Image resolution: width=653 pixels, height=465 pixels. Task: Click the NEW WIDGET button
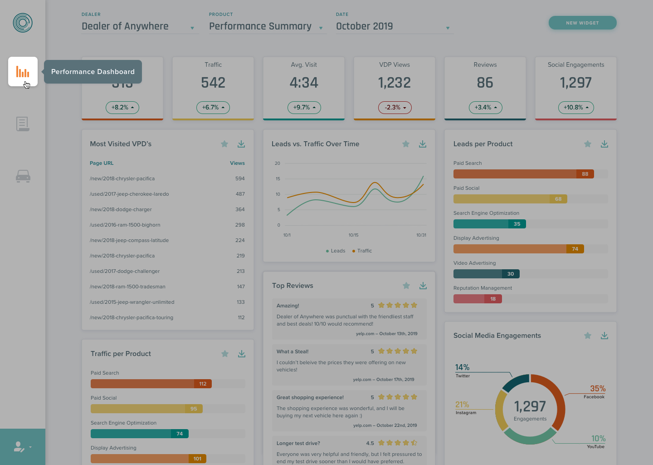(582, 23)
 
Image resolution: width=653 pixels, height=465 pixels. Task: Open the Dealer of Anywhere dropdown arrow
(192, 28)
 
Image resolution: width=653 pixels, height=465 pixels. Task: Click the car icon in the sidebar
(23, 176)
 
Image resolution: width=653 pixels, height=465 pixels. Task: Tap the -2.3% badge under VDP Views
(395, 108)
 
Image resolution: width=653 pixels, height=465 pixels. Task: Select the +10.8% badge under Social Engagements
(575, 108)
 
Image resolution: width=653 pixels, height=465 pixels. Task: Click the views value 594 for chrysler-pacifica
(240, 178)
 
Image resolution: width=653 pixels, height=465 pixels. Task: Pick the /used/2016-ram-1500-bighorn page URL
(125, 225)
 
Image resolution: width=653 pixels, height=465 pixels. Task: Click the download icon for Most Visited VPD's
(241, 144)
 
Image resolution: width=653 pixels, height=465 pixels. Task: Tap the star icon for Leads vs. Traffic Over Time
(406, 144)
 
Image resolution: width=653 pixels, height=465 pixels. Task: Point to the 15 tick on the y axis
(278, 179)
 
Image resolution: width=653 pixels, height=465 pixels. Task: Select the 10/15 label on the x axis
(353, 235)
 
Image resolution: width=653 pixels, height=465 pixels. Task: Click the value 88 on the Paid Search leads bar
(585, 174)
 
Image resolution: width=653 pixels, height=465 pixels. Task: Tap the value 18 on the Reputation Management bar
(493, 299)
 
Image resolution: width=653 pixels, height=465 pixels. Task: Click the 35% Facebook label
(597, 389)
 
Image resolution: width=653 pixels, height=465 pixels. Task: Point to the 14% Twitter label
(462, 367)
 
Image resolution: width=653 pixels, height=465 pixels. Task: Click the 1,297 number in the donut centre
(530, 406)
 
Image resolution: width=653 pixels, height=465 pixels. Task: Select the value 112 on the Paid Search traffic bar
(203, 384)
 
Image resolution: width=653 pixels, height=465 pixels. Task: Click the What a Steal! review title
(292, 351)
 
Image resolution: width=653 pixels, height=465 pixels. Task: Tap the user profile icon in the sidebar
(19, 447)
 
